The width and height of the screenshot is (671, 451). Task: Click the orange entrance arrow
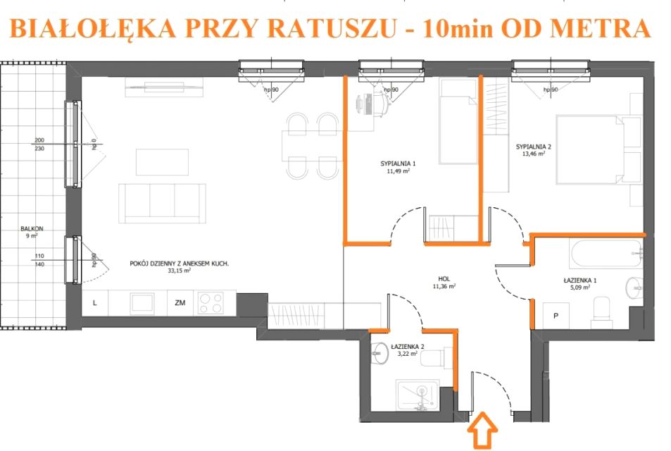pyautogui.click(x=482, y=430)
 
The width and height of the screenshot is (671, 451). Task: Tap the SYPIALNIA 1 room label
pyautogui.click(x=398, y=163)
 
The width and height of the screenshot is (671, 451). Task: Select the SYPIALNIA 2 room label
pyautogui.click(x=533, y=147)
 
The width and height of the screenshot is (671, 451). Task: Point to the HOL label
pyautogui.click(x=444, y=278)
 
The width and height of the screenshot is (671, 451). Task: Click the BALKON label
pyautogui.click(x=32, y=229)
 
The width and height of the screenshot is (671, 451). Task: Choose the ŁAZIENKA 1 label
pyautogui.click(x=580, y=280)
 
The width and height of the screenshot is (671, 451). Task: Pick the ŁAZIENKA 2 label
pyautogui.click(x=408, y=347)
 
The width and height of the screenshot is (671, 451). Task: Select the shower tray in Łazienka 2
pyautogui.click(x=418, y=395)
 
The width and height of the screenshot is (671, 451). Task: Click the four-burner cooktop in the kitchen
pyautogui.click(x=211, y=303)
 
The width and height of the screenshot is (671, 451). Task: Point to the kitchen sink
pyautogui.click(x=142, y=303)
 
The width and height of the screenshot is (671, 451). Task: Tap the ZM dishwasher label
pyautogui.click(x=180, y=303)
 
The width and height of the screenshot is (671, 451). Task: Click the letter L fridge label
pyautogui.click(x=95, y=303)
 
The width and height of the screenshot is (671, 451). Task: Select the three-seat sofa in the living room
pyautogui.click(x=162, y=204)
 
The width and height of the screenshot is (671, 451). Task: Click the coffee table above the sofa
pyautogui.click(x=162, y=162)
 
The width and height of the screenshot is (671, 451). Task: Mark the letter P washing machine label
pyautogui.click(x=556, y=316)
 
